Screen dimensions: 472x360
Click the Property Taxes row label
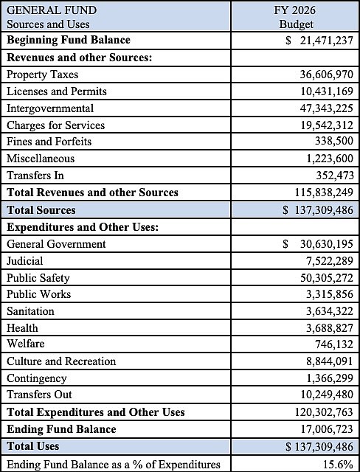click(42, 74)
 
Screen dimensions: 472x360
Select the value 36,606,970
click(322, 74)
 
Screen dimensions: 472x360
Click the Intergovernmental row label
click(49, 108)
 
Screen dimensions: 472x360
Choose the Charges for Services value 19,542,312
click(322, 125)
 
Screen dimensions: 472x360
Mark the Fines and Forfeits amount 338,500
click(333, 142)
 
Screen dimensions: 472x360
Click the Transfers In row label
click(35, 176)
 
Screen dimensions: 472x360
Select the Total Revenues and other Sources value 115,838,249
click(319, 192)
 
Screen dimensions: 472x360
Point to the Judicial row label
click(25, 260)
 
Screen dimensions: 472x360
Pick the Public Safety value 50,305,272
click(322, 278)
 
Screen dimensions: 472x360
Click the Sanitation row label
click(30, 311)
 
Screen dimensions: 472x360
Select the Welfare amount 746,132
click(333, 344)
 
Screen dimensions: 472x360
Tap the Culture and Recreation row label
click(61, 361)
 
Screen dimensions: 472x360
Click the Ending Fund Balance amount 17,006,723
click(322, 429)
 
